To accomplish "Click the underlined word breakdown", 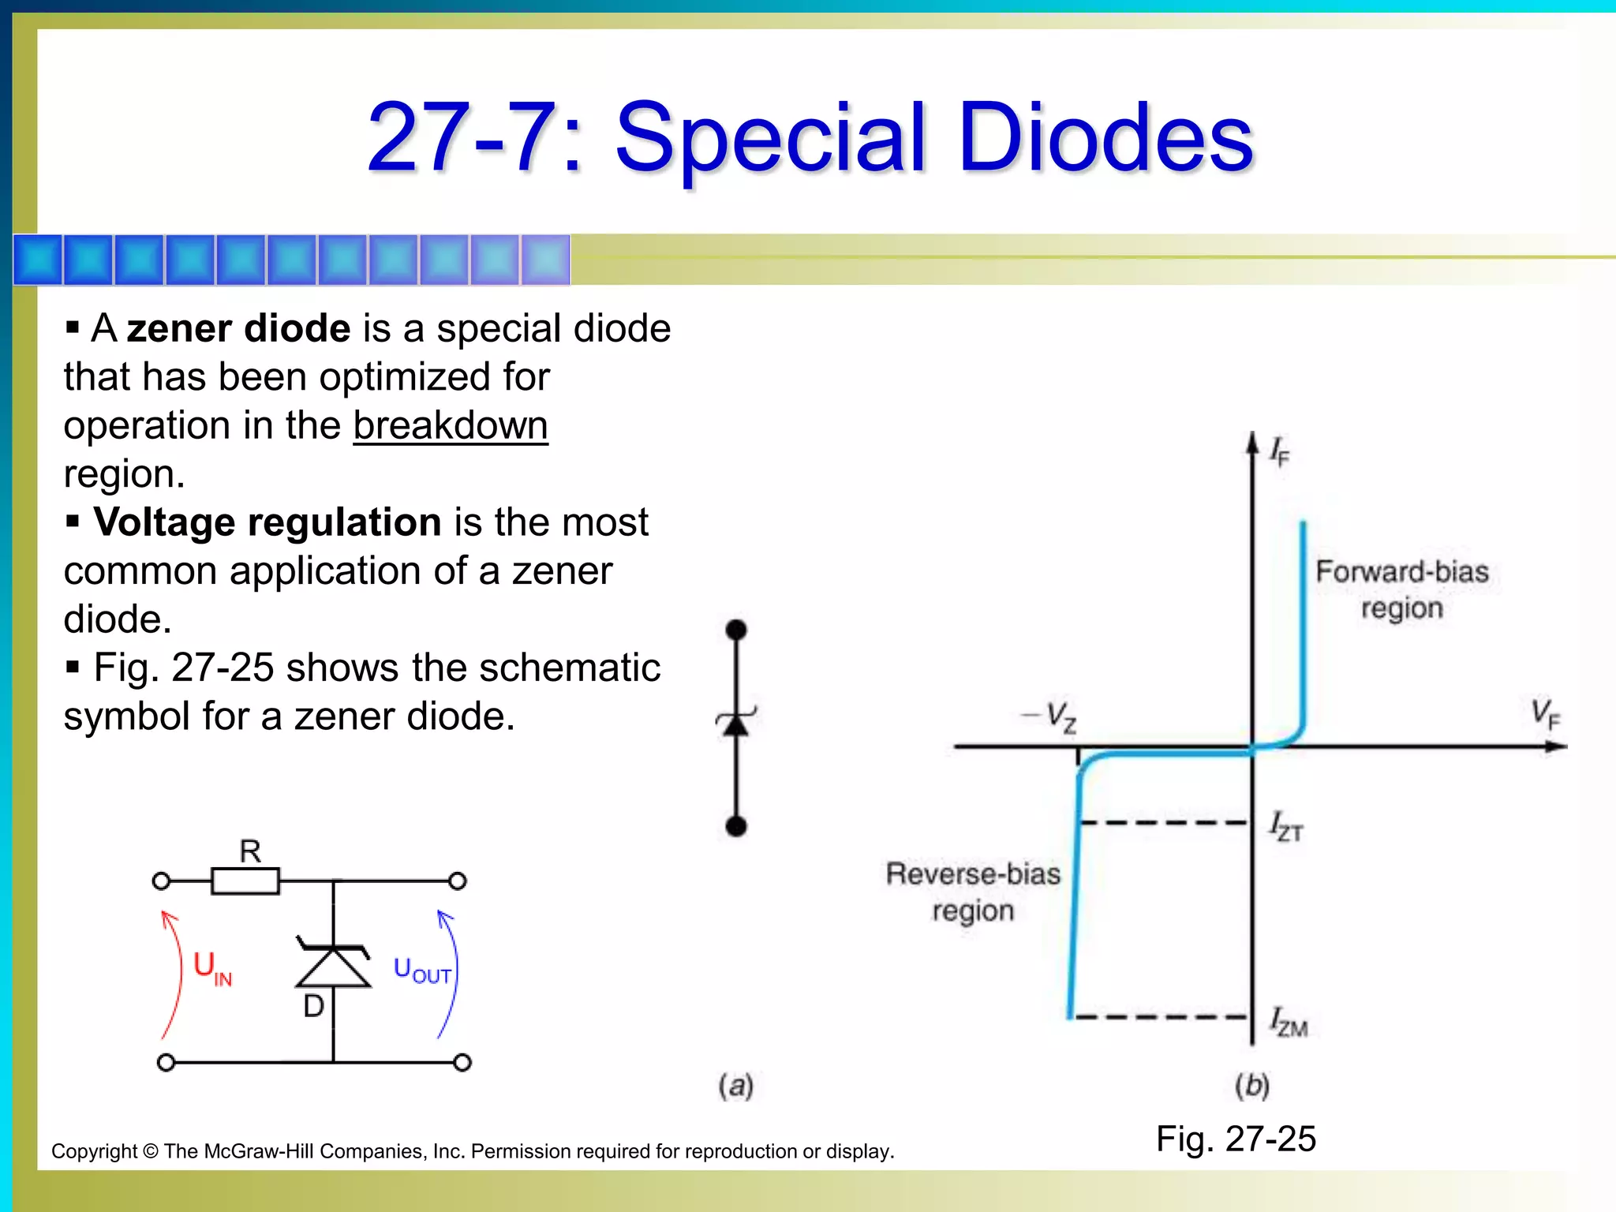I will [450, 426].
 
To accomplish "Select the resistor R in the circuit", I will [245, 881].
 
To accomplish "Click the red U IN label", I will [212, 967].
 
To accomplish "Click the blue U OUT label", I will [422, 971].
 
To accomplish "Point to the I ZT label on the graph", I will [1286, 827].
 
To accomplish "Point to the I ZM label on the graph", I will [1288, 1022].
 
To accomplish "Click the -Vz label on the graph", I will [1051, 716].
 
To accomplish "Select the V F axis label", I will [1545, 714].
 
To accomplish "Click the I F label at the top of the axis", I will [1279, 452].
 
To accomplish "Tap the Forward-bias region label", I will [1401, 589].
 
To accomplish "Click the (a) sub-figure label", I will [735, 1086].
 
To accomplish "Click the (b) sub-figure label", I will [1252, 1086].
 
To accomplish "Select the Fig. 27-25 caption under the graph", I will [1236, 1139].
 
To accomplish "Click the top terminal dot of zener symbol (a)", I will [736, 630].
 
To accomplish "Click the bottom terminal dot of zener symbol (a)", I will [736, 826].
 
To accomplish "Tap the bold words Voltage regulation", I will [267, 522].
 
